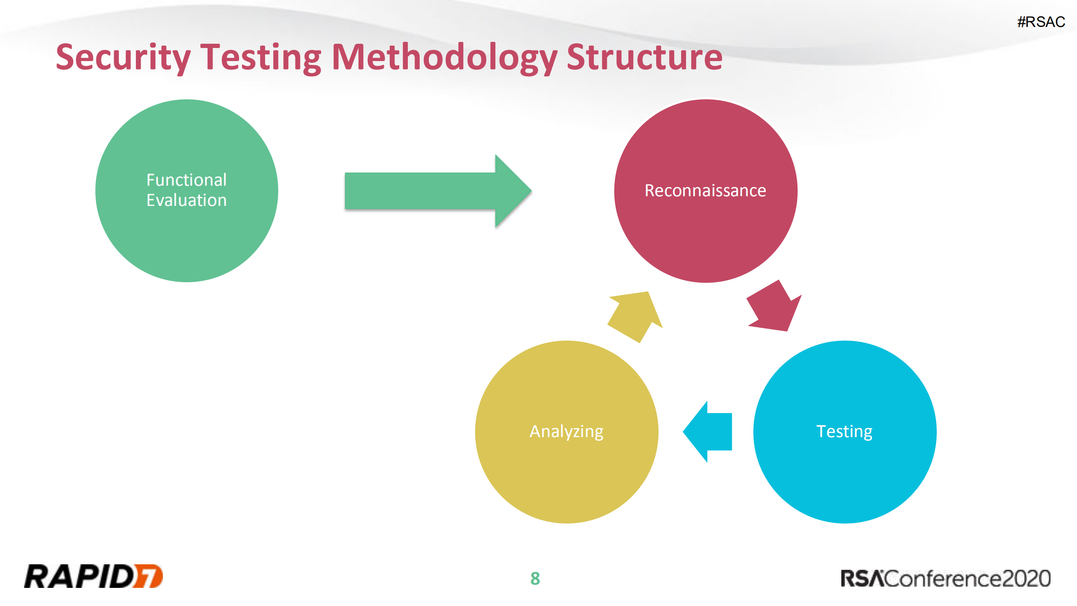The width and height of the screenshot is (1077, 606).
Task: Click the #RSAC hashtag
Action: tap(1041, 22)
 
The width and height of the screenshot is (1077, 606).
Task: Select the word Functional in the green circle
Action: tap(186, 180)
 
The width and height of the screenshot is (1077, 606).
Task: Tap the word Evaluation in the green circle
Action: tap(186, 200)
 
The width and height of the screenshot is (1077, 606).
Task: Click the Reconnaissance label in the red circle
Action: tap(705, 191)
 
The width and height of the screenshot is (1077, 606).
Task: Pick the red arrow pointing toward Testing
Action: tap(774, 307)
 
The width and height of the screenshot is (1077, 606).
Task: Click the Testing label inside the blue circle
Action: tap(844, 432)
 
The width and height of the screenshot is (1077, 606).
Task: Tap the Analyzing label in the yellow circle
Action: tap(566, 432)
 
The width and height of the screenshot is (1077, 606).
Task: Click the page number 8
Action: tap(535, 578)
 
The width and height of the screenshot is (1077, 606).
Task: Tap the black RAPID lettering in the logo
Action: tap(78, 576)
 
